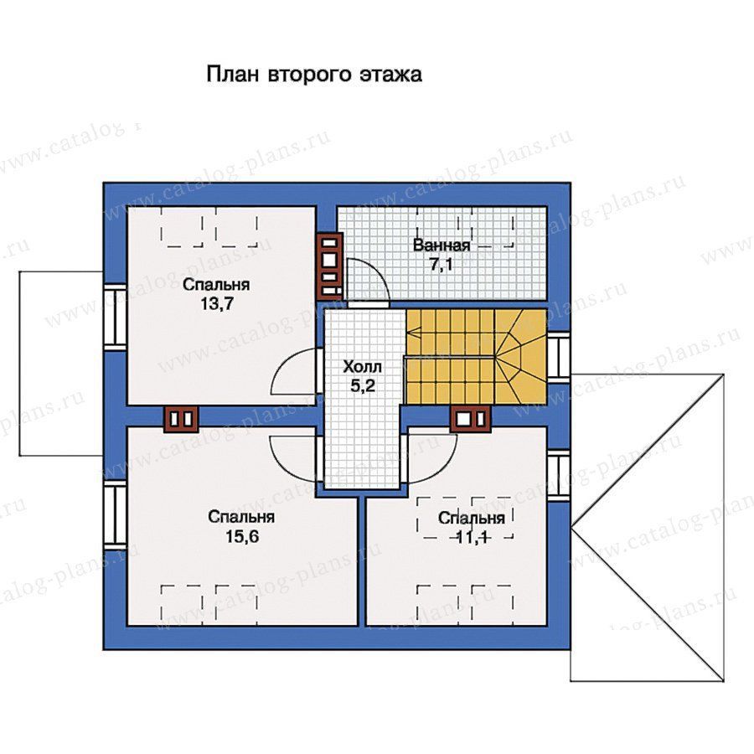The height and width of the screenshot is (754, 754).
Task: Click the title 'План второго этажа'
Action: pos(314,75)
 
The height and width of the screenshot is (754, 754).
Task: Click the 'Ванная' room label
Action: pos(442,245)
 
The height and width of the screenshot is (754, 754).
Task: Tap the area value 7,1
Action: pos(442,265)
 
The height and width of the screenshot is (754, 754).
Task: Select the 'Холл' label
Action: pos(363,367)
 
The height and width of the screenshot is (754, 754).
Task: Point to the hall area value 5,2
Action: pos(363,385)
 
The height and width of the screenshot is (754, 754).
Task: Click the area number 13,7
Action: pos(216,304)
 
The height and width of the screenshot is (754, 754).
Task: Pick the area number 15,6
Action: pos(242,536)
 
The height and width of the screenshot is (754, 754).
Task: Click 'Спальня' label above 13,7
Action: pos(216,285)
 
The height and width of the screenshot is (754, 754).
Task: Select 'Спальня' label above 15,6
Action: pos(242,517)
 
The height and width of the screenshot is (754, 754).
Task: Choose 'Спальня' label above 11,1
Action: pos(472,518)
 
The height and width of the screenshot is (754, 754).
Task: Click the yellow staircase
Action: pos(476,356)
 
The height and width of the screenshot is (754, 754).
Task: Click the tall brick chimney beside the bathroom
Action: pos(329,266)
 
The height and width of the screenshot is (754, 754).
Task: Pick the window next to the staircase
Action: pos(558,357)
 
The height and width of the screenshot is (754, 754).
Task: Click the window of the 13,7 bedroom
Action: pos(115,316)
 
